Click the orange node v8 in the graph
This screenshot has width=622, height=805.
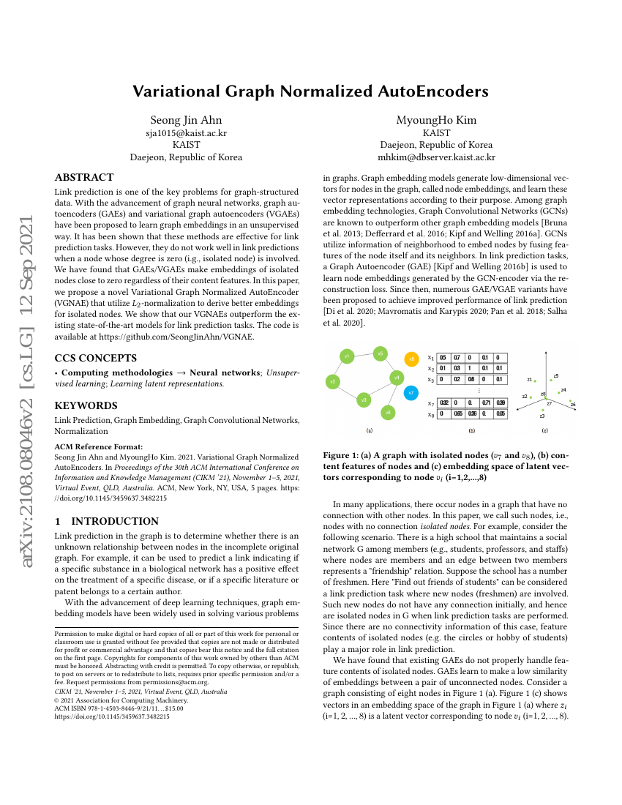point(411,359)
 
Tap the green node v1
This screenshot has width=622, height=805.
point(347,356)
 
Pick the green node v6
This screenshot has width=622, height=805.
point(389,413)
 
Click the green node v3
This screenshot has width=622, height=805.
point(364,400)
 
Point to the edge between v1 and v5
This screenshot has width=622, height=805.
point(364,355)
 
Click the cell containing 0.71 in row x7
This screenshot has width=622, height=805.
point(487,402)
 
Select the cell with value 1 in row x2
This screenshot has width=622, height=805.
point(472,368)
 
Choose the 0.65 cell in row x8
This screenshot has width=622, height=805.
point(458,413)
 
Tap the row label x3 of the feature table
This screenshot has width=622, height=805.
point(431,380)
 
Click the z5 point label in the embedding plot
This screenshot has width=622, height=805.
point(556,375)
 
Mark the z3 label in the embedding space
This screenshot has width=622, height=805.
point(542,416)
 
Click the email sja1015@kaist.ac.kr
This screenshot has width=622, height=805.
point(186,133)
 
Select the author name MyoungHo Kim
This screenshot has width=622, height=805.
point(435,120)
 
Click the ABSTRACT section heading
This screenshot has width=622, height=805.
point(84,177)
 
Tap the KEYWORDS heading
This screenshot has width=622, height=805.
point(86,405)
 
